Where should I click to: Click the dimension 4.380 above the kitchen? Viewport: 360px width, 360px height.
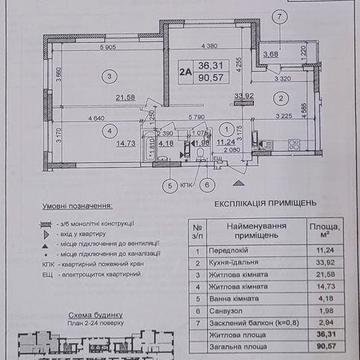tap(209, 45)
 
